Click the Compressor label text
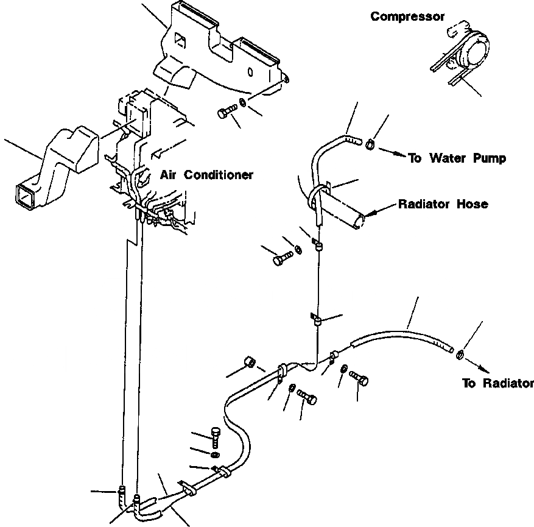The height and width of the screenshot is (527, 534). pyautogui.click(x=407, y=17)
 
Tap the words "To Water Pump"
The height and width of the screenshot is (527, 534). pyautogui.click(x=457, y=158)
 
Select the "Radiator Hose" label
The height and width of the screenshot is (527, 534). pyautogui.click(x=443, y=204)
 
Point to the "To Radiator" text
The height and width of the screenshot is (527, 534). pyautogui.click(x=497, y=383)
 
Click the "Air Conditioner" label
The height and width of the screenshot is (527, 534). pyautogui.click(x=206, y=175)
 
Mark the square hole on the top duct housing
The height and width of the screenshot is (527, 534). pyautogui.click(x=180, y=42)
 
